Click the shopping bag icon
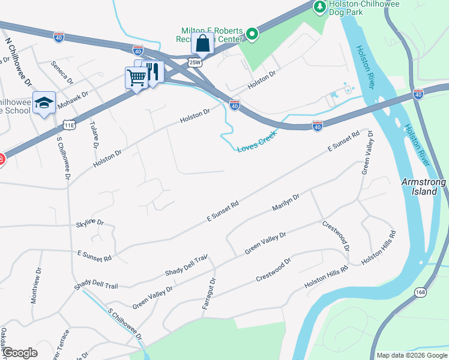(x=203, y=43)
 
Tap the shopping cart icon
(x=136, y=77)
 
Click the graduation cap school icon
(x=44, y=103)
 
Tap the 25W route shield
(x=194, y=62)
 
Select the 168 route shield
(x=420, y=292)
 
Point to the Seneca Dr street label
(x=61, y=72)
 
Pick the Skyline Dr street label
(x=90, y=224)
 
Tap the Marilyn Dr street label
(x=286, y=203)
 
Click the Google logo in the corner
(x=20, y=352)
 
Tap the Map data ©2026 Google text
(x=411, y=355)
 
